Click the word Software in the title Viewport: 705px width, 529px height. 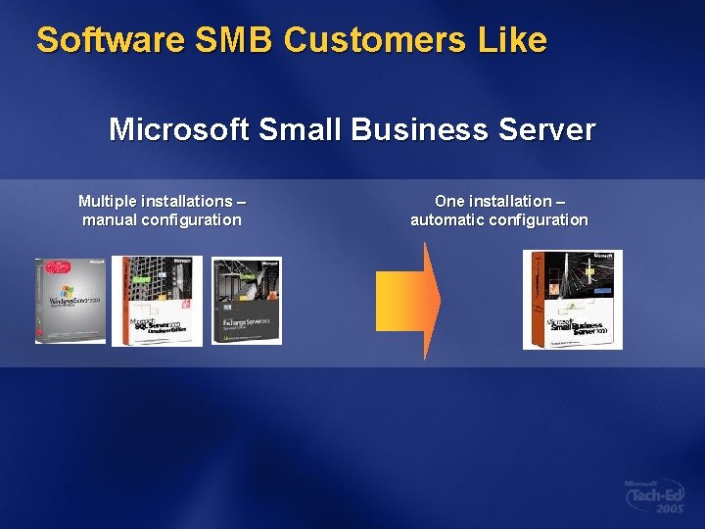(111, 40)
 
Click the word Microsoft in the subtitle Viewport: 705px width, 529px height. (178, 129)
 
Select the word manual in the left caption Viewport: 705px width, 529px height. (111, 219)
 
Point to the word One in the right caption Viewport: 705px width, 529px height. (448, 201)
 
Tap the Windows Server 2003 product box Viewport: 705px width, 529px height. (70, 301)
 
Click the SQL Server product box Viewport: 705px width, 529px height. (158, 301)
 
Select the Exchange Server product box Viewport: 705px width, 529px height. (246, 301)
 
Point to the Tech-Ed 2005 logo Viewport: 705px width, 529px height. (655, 496)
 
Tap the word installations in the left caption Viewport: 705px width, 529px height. (186, 201)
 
